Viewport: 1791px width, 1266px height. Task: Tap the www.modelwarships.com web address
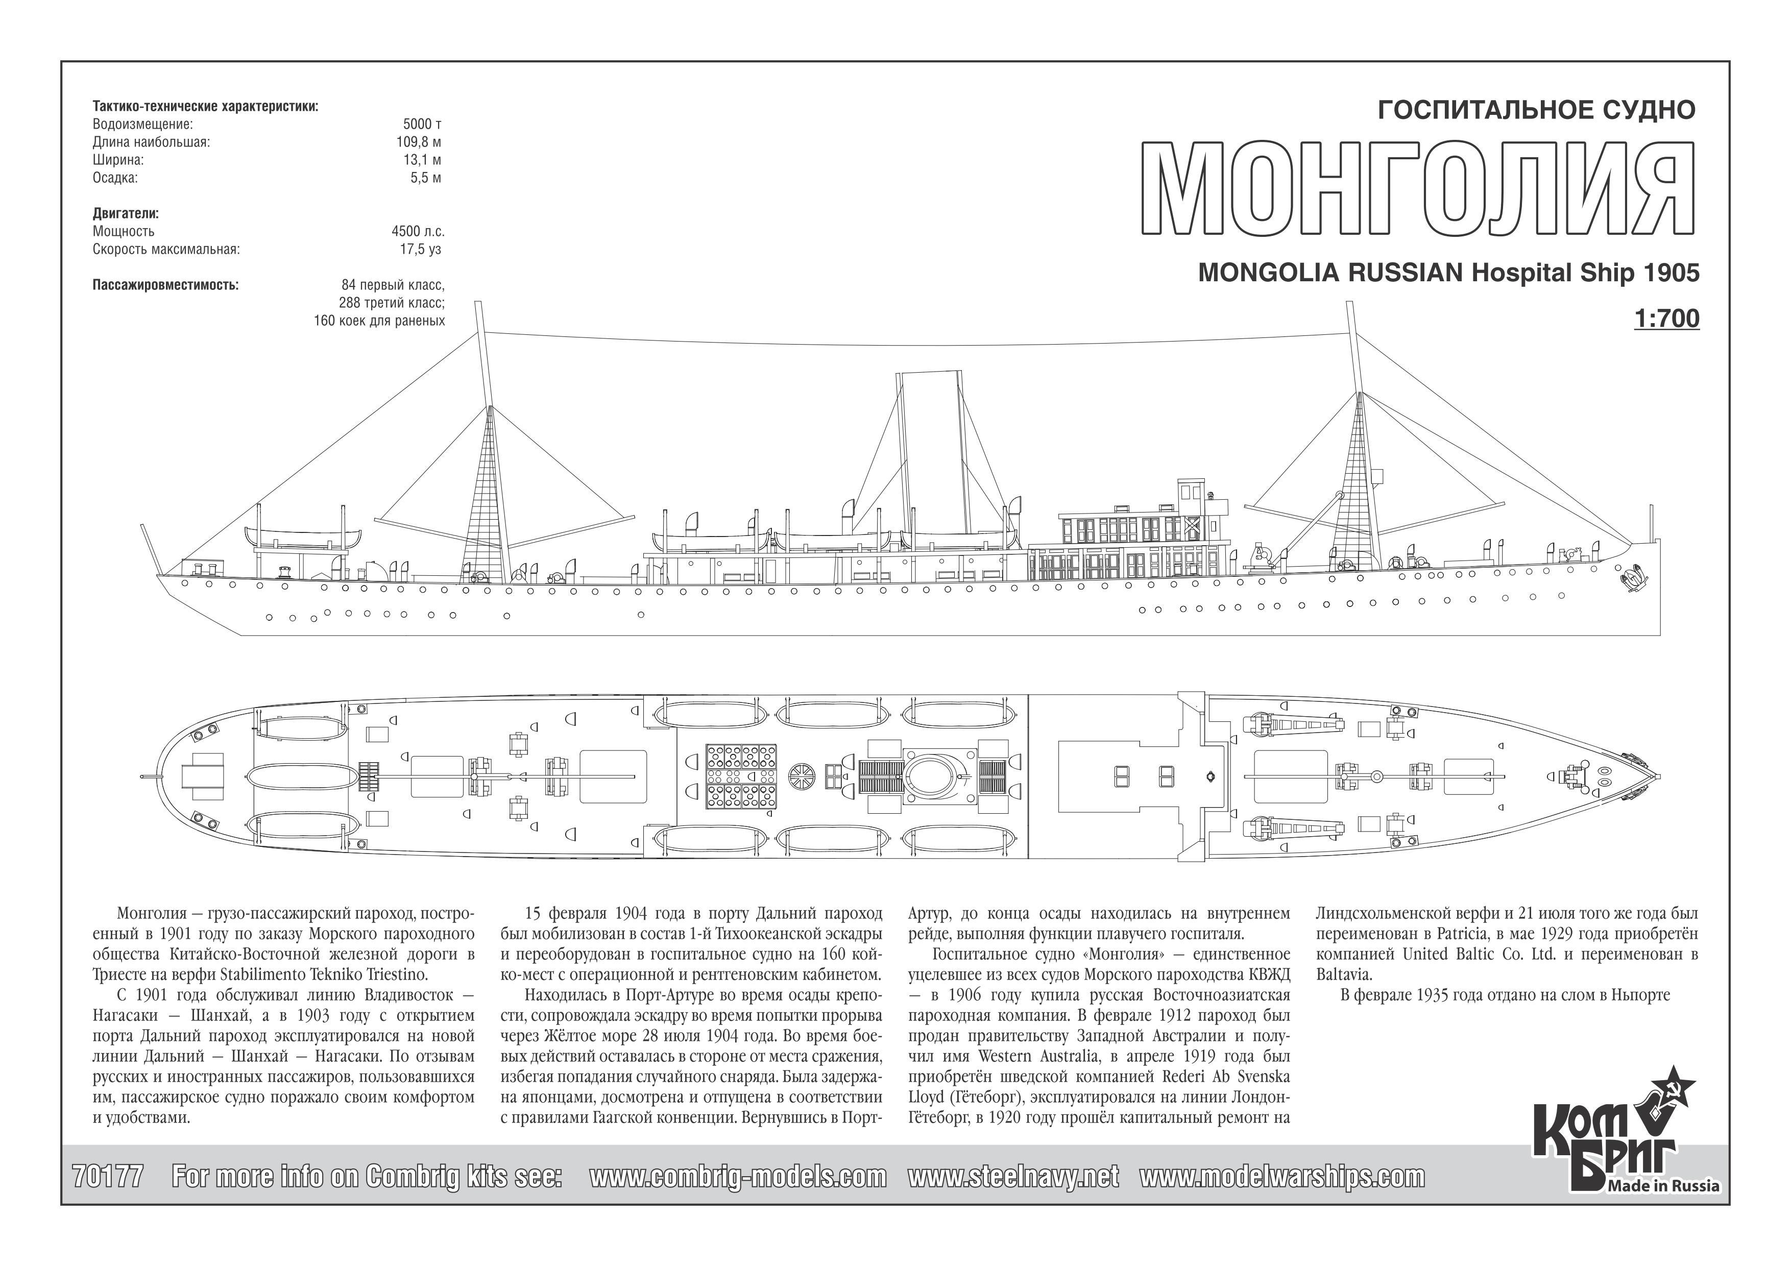[1281, 1176]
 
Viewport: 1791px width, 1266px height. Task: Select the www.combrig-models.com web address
[737, 1176]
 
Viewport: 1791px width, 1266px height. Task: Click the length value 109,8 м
[419, 142]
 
